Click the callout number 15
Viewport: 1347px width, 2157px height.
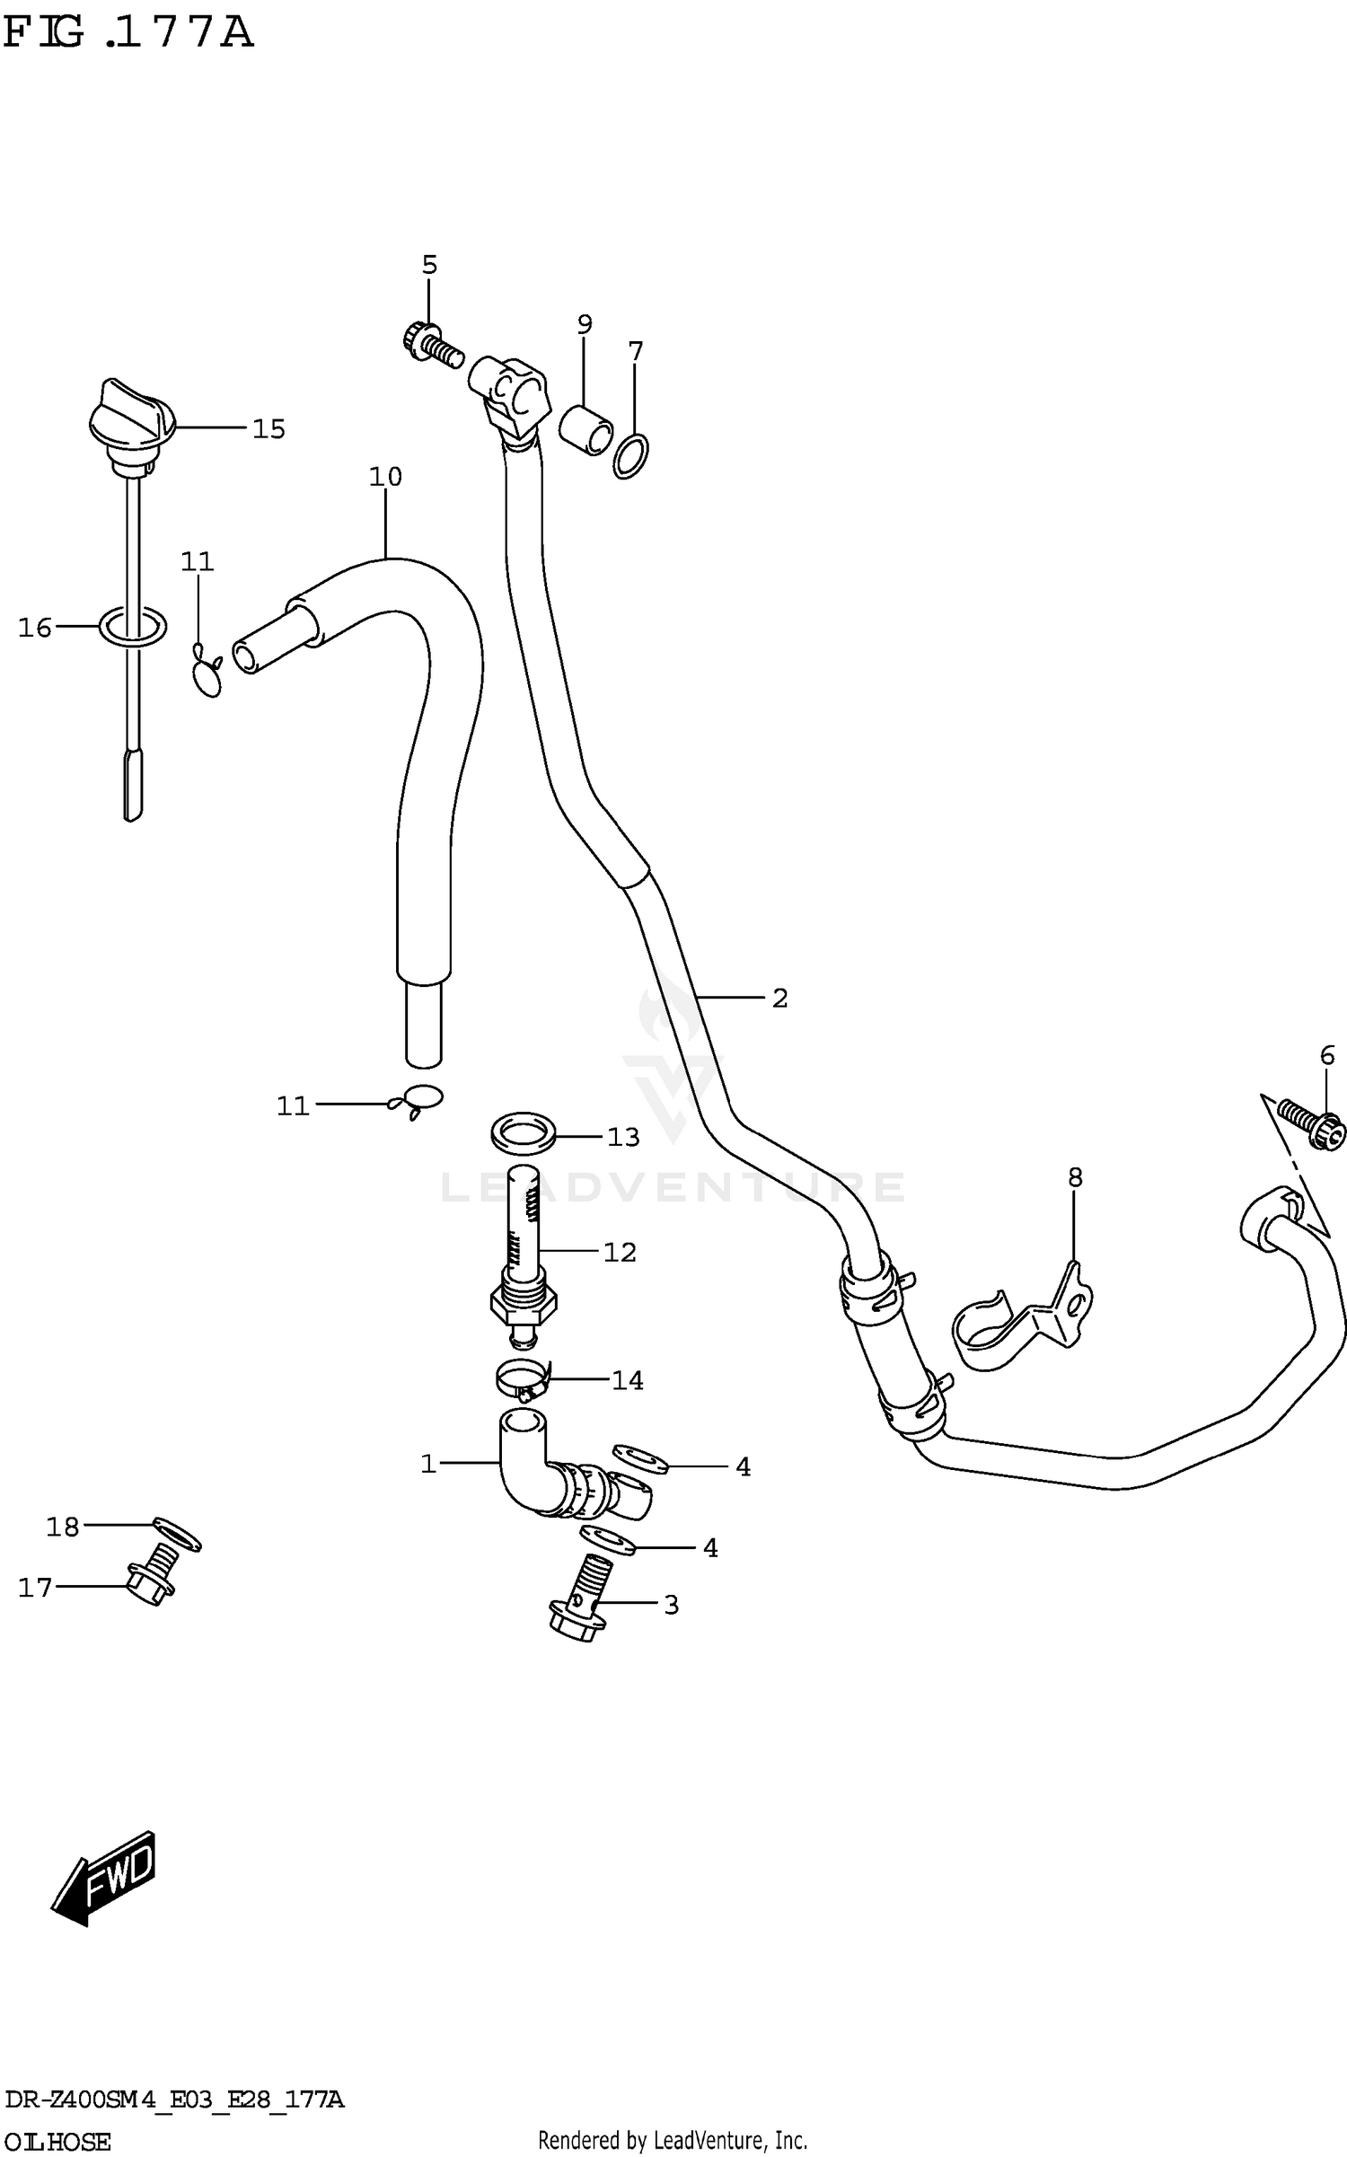[x=268, y=429]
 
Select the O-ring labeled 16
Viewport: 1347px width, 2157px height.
[x=132, y=627]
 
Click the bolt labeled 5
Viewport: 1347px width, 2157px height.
[x=429, y=342]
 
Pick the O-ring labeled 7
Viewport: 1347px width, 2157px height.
[x=631, y=456]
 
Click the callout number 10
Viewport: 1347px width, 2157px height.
[x=385, y=477]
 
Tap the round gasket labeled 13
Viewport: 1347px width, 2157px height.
[x=524, y=1135]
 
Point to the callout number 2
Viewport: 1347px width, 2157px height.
[x=779, y=998]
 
